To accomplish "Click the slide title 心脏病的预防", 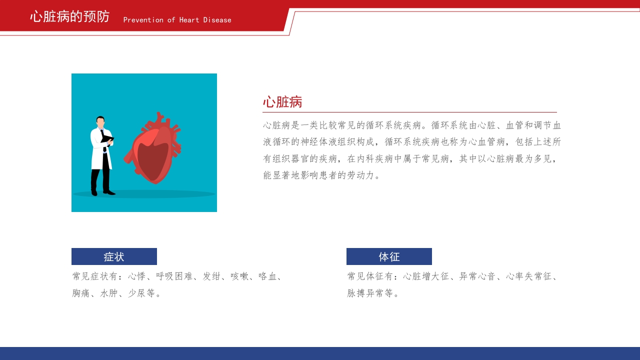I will point(69,16).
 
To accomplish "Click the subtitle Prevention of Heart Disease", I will point(177,20).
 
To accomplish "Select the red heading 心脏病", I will point(282,102).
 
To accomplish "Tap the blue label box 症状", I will point(114,256).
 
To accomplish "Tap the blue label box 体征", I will point(389,256).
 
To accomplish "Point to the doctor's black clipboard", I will point(107,139).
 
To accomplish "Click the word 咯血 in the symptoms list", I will point(267,276).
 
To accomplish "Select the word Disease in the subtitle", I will point(217,20).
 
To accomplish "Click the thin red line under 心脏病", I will point(409,112).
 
